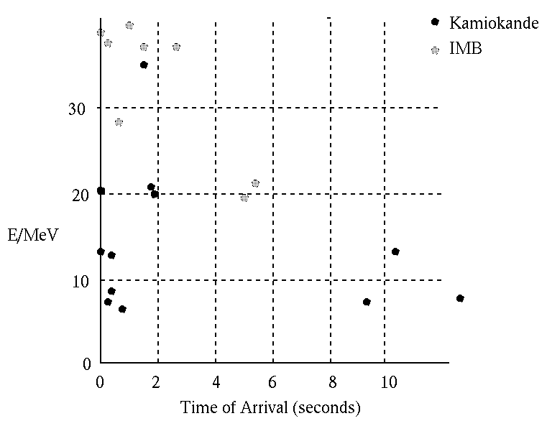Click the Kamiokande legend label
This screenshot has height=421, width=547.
point(493,23)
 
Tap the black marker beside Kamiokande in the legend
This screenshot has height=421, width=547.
point(434,22)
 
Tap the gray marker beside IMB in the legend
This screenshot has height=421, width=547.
point(434,50)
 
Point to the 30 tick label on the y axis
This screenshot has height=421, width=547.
point(78,108)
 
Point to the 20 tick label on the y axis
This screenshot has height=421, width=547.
point(78,195)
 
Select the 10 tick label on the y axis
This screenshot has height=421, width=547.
point(78,280)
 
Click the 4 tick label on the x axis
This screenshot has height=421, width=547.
point(216,383)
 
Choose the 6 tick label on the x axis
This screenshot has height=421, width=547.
point(273,383)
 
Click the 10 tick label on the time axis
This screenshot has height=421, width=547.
point(385,383)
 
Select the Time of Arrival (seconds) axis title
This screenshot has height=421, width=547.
point(270,408)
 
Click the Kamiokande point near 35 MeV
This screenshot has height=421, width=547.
point(144,65)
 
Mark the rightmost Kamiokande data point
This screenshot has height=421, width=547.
point(460,298)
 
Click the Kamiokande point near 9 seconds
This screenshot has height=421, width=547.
point(367,302)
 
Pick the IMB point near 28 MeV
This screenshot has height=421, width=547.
point(119,122)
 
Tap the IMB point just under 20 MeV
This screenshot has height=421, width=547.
point(244,198)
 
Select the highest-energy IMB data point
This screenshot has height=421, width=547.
point(129,25)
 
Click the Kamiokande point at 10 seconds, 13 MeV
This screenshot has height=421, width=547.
point(395,251)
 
